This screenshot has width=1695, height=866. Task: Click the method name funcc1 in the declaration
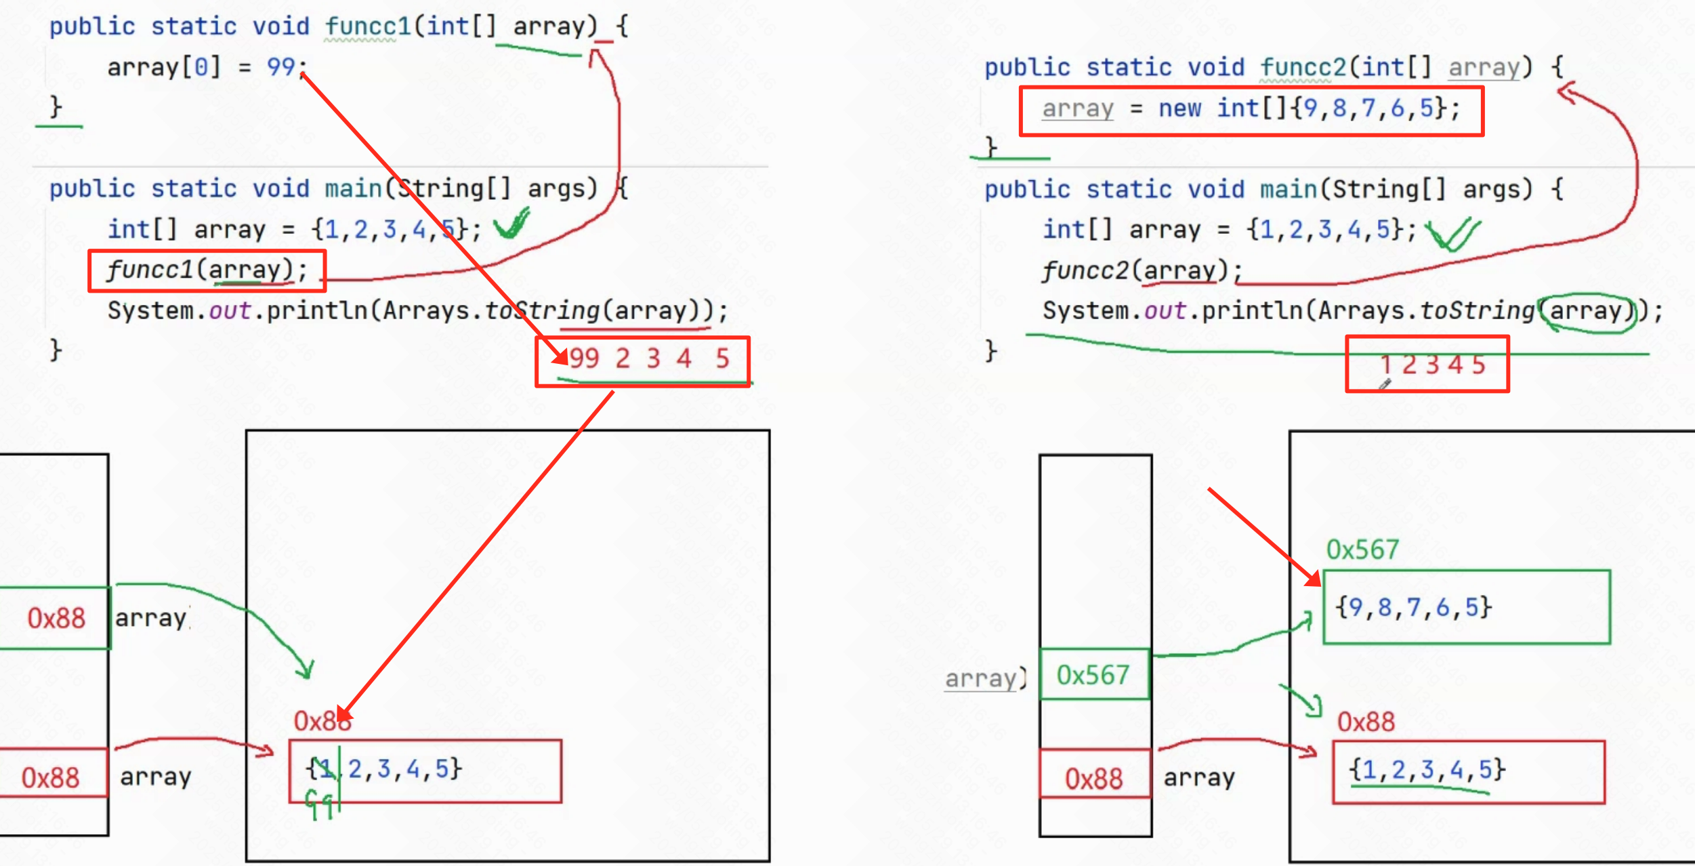[368, 26]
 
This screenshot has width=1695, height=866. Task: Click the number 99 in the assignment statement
[280, 67]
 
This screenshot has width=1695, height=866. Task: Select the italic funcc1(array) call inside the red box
[206, 270]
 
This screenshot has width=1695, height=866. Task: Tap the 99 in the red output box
[585, 358]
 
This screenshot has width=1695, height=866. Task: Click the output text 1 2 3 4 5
[1433, 365]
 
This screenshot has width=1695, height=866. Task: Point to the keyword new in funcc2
[1179, 108]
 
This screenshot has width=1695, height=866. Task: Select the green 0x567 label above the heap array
[1362, 550]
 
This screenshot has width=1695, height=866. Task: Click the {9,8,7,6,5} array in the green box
[1413, 607]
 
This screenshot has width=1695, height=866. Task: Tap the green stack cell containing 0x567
[1093, 675]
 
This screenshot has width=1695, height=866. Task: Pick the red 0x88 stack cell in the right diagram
[1093, 779]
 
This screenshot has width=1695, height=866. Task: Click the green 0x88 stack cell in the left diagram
[56, 618]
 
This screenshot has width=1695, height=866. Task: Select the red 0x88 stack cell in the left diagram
[50, 778]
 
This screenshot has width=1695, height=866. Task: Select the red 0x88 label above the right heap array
[1366, 722]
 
